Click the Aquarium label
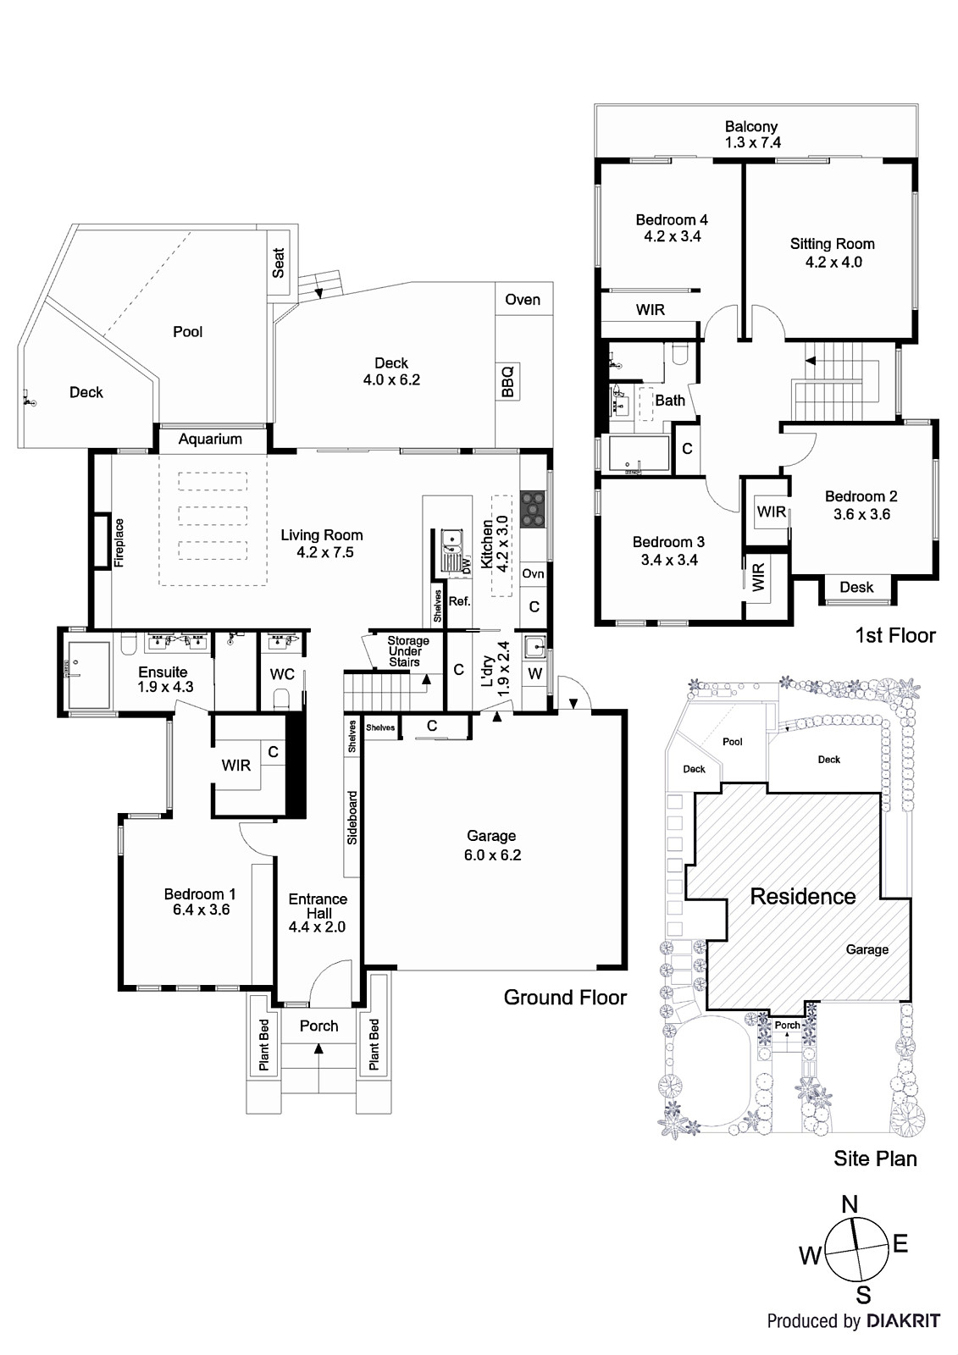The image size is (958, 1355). click(210, 439)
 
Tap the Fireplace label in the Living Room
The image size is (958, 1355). click(119, 543)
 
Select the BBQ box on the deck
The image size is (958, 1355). click(507, 382)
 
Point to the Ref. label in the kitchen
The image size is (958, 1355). click(459, 601)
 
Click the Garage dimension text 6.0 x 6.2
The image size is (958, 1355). click(492, 855)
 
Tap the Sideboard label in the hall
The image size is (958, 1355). click(352, 818)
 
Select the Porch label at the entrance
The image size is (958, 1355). click(318, 1026)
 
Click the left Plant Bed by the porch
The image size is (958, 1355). click(263, 1044)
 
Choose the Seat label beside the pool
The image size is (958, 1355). click(279, 263)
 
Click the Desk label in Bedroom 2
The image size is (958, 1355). click(856, 587)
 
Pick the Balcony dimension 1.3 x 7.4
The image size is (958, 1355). click(752, 143)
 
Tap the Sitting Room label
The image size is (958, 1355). click(832, 244)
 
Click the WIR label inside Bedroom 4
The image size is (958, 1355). click(650, 310)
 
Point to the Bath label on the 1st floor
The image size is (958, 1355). click(670, 400)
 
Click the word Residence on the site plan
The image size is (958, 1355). click(802, 896)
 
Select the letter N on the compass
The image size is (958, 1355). click(850, 1204)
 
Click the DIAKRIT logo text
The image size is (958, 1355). click(903, 1320)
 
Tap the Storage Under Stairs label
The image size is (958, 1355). click(407, 651)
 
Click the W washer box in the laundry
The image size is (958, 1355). click(534, 674)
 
